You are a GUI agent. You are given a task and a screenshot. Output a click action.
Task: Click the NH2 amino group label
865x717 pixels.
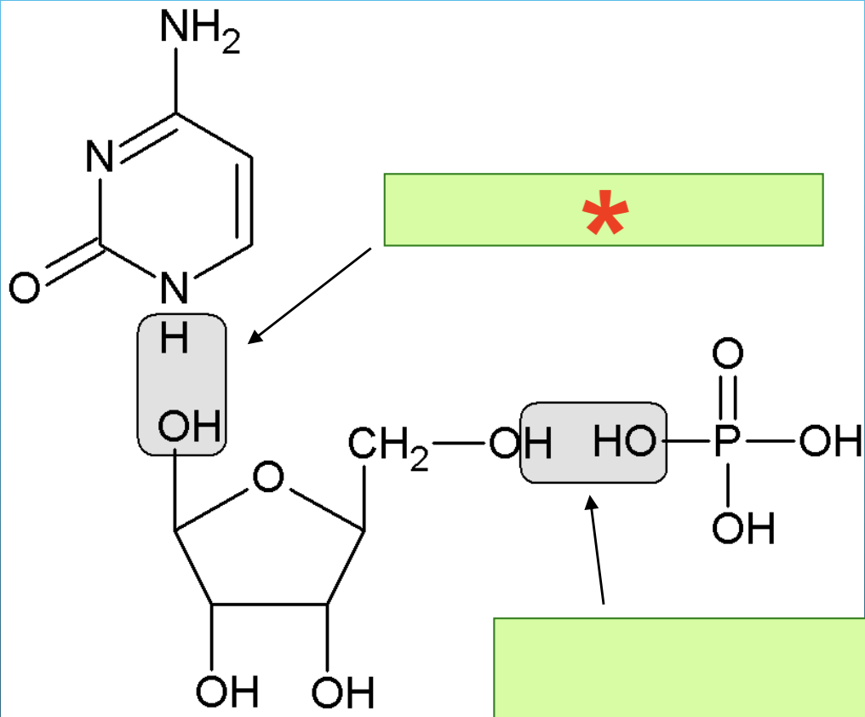pyautogui.click(x=199, y=34)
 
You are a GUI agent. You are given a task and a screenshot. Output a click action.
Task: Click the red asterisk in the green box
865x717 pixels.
pyautogui.click(x=605, y=215)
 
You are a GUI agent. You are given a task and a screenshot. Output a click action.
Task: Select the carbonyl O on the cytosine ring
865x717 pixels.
pyautogui.click(x=25, y=290)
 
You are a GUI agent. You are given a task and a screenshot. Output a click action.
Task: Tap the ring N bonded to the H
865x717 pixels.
pyautogui.click(x=175, y=290)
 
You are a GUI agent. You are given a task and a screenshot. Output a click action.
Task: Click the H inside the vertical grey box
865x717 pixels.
pyautogui.click(x=175, y=341)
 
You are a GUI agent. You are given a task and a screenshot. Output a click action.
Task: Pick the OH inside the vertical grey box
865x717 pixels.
pyautogui.click(x=190, y=426)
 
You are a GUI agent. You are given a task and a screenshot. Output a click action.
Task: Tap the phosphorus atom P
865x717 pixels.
pyautogui.click(x=728, y=442)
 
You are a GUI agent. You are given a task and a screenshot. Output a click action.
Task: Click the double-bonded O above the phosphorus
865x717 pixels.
pyautogui.click(x=728, y=353)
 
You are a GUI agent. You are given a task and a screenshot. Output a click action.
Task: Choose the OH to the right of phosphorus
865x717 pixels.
pyautogui.click(x=830, y=442)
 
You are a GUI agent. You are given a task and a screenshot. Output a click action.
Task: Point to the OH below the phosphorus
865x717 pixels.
pyautogui.click(x=743, y=529)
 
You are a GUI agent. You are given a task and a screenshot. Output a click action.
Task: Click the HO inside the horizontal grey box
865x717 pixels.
pyautogui.click(x=624, y=442)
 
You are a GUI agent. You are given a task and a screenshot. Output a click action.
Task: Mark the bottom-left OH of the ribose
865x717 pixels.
pyautogui.click(x=226, y=691)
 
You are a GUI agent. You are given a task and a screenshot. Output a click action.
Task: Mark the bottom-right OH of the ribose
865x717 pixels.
pyautogui.click(x=342, y=692)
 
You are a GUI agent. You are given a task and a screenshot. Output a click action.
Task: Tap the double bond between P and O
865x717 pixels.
pyautogui.click(x=728, y=397)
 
